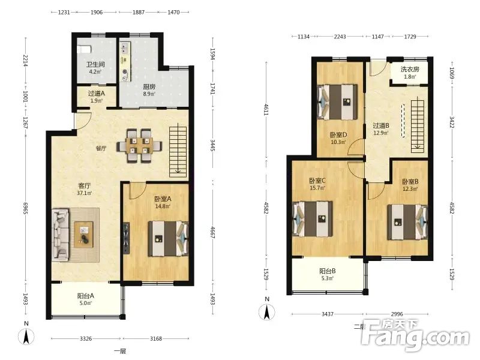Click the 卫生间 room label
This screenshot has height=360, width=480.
click(x=95, y=64)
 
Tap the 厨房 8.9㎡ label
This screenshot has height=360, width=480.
click(x=149, y=90)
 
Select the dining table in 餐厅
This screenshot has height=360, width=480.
click(x=139, y=146)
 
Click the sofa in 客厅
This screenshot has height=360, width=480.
click(x=61, y=235)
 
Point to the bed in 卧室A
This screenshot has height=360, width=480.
click(x=168, y=238)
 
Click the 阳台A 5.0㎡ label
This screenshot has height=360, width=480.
click(x=85, y=299)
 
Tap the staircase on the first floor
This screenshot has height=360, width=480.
click(x=178, y=152)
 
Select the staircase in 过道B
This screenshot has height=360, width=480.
click(x=418, y=124)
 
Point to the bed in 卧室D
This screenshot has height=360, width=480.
click(x=337, y=102)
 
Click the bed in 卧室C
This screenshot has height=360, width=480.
click(x=313, y=218)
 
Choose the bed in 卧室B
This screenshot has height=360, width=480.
click(x=407, y=222)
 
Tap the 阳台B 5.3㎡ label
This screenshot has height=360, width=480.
click(x=327, y=274)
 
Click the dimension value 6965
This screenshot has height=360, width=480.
click(x=26, y=208)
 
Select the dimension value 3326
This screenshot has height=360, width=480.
click(x=86, y=338)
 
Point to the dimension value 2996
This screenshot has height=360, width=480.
click(x=397, y=314)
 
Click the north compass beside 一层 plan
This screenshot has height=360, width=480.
click(x=26, y=336)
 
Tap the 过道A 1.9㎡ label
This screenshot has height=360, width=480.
click(x=96, y=97)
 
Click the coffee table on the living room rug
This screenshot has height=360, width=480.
click(x=83, y=235)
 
